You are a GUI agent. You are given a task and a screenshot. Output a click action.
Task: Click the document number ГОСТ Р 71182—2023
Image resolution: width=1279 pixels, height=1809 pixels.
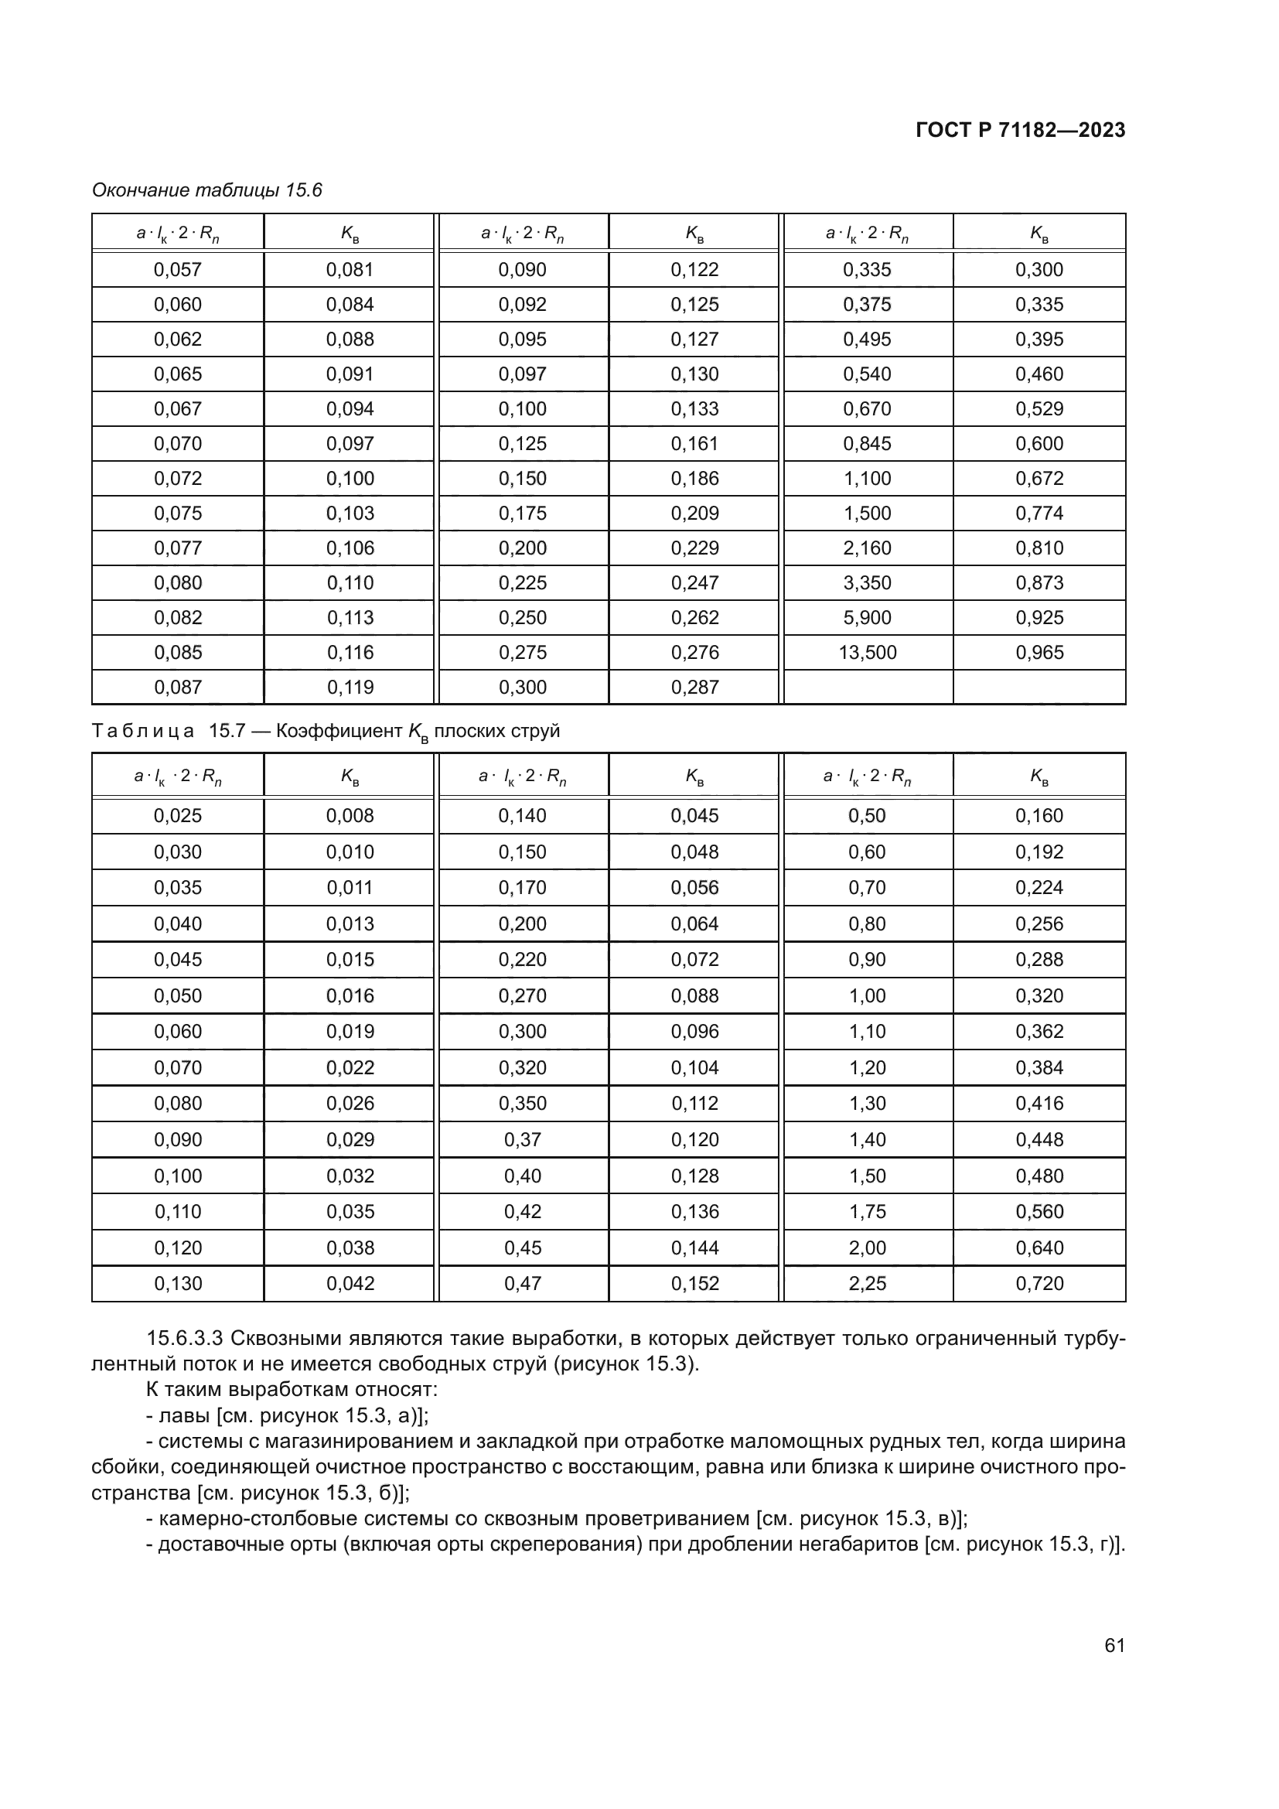(x=1020, y=131)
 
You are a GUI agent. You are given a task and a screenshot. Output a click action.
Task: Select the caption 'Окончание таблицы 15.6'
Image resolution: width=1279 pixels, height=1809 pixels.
(x=207, y=191)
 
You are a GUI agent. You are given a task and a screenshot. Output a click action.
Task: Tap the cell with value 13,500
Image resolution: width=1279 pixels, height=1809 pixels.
(x=867, y=653)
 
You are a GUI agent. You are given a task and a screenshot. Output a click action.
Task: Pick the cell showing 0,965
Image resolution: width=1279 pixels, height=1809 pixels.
(x=1039, y=653)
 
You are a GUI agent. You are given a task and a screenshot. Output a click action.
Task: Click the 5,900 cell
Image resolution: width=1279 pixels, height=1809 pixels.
(x=867, y=618)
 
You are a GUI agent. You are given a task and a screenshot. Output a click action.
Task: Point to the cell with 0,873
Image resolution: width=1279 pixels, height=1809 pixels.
(x=1039, y=583)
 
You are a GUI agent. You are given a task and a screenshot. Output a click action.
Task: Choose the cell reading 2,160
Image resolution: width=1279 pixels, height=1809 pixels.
(x=867, y=548)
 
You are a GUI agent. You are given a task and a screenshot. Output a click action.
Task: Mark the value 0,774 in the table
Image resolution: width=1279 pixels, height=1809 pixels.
(x=1039, y=514)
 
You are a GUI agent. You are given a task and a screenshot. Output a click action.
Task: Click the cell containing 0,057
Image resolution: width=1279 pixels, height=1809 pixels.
(x=178, y=269)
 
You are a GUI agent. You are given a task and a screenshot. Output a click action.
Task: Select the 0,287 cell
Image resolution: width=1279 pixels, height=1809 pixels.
(x=694, y=687)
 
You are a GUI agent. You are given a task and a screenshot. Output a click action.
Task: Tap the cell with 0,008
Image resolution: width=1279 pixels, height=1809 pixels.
(x=350, y=815)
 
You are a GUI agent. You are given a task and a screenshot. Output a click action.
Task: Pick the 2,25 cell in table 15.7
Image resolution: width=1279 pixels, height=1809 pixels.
(x=867, y=1284)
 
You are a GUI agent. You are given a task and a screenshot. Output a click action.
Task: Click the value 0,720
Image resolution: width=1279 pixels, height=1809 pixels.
(x=1039, y=1284)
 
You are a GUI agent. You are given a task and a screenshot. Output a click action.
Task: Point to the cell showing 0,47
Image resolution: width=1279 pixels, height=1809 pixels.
(x=522, y=1284)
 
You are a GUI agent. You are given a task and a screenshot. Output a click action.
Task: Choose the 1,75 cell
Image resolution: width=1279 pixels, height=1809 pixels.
(x=867, y=1212)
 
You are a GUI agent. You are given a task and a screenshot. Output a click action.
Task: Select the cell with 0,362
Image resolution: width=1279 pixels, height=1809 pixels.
(x=1039, y=1032)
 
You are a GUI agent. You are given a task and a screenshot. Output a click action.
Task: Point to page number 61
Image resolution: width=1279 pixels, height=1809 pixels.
(x=1114, y=1645)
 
